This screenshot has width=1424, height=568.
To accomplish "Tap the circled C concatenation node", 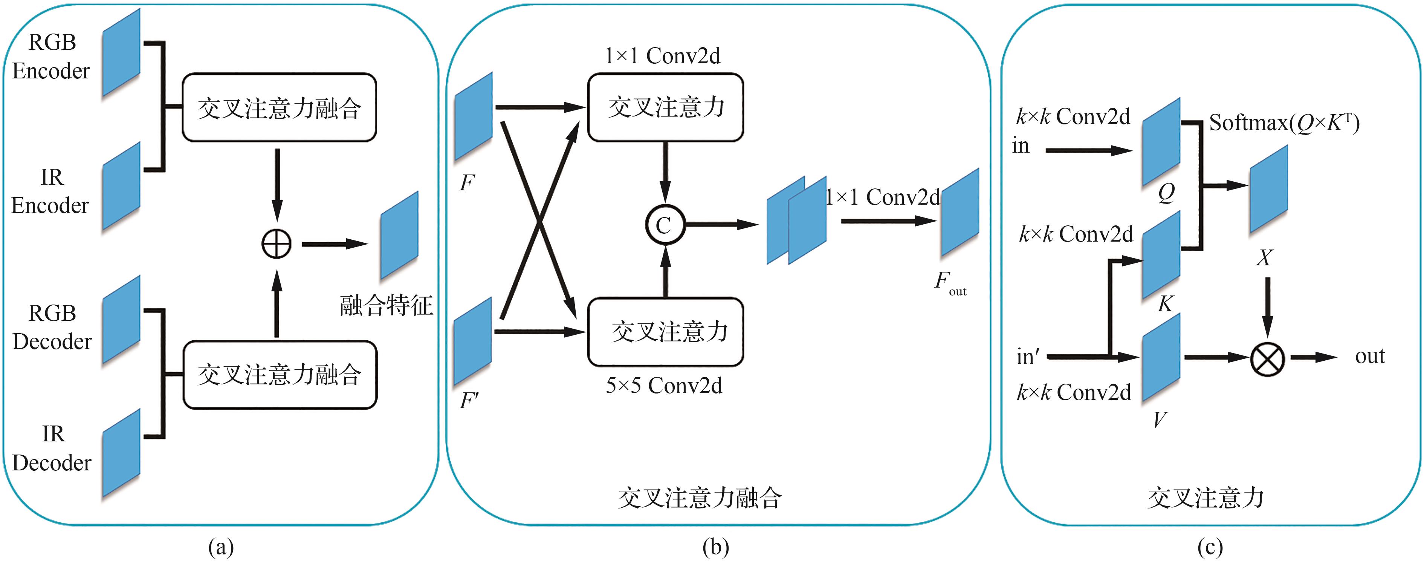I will tap(665, 225).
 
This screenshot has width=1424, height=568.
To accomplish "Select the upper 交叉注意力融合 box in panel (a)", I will tap(279, 107).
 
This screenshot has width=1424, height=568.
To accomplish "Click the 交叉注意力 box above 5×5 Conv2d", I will tap(665, 332).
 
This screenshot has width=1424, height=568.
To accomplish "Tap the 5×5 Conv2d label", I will tap(664, 386).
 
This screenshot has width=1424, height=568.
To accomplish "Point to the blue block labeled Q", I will tap(1161, 142).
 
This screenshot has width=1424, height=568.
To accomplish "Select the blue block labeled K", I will tap(1161, 255).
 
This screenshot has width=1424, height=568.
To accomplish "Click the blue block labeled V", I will tap(1161, 357).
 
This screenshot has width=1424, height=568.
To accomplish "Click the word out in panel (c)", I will tap(1370, 357).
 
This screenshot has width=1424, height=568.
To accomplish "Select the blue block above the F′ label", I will tap(473, 341).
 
